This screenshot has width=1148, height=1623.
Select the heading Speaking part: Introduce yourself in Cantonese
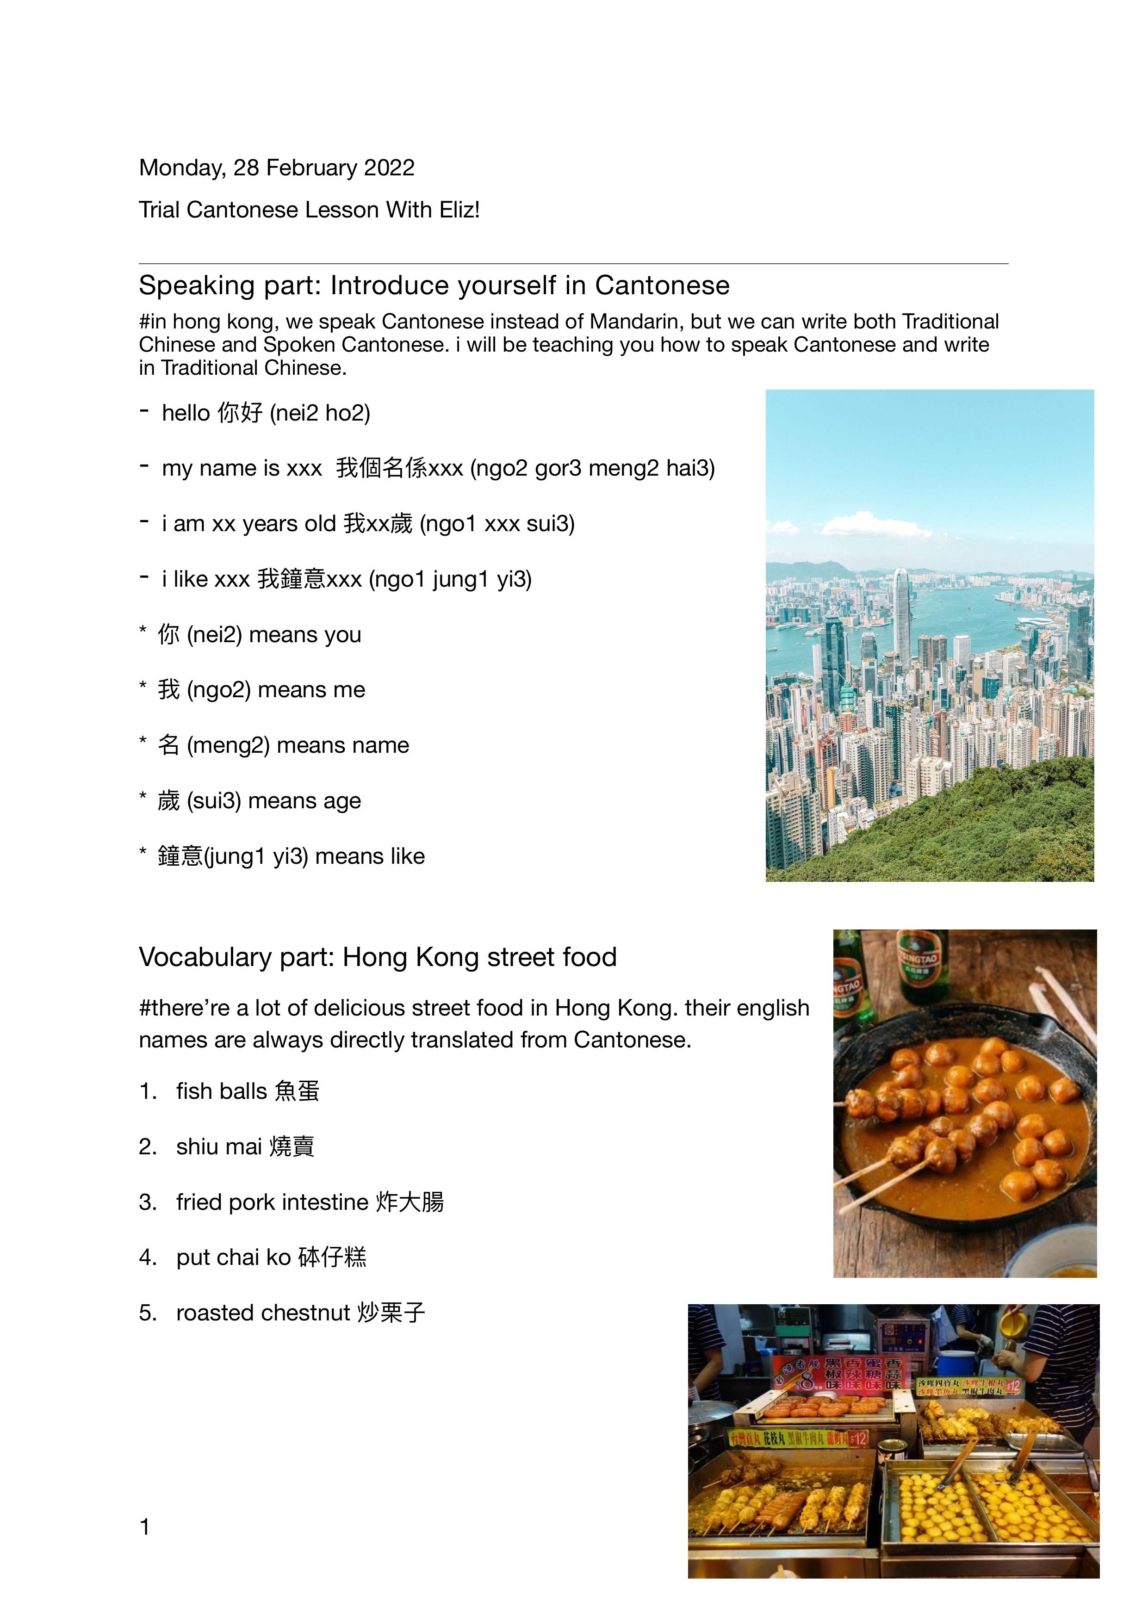point(434,285)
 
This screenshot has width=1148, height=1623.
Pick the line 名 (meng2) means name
point(283,745)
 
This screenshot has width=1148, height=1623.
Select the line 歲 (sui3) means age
point(259,801)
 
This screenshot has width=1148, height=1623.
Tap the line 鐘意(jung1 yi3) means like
point(291,856)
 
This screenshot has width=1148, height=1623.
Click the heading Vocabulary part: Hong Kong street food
point(378,957)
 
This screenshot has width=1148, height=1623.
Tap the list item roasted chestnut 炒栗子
point(300,1313)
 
